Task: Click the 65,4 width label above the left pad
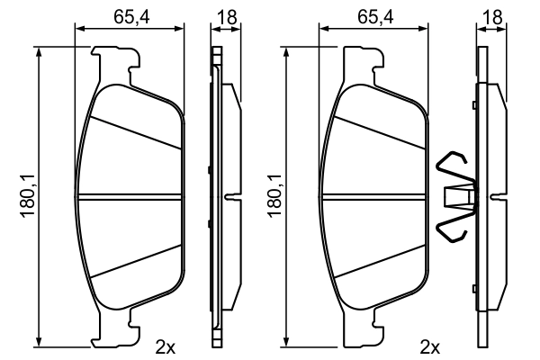tap(131, 15)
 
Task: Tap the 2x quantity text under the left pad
tap(165, 346)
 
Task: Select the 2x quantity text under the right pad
tap(429, 346)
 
